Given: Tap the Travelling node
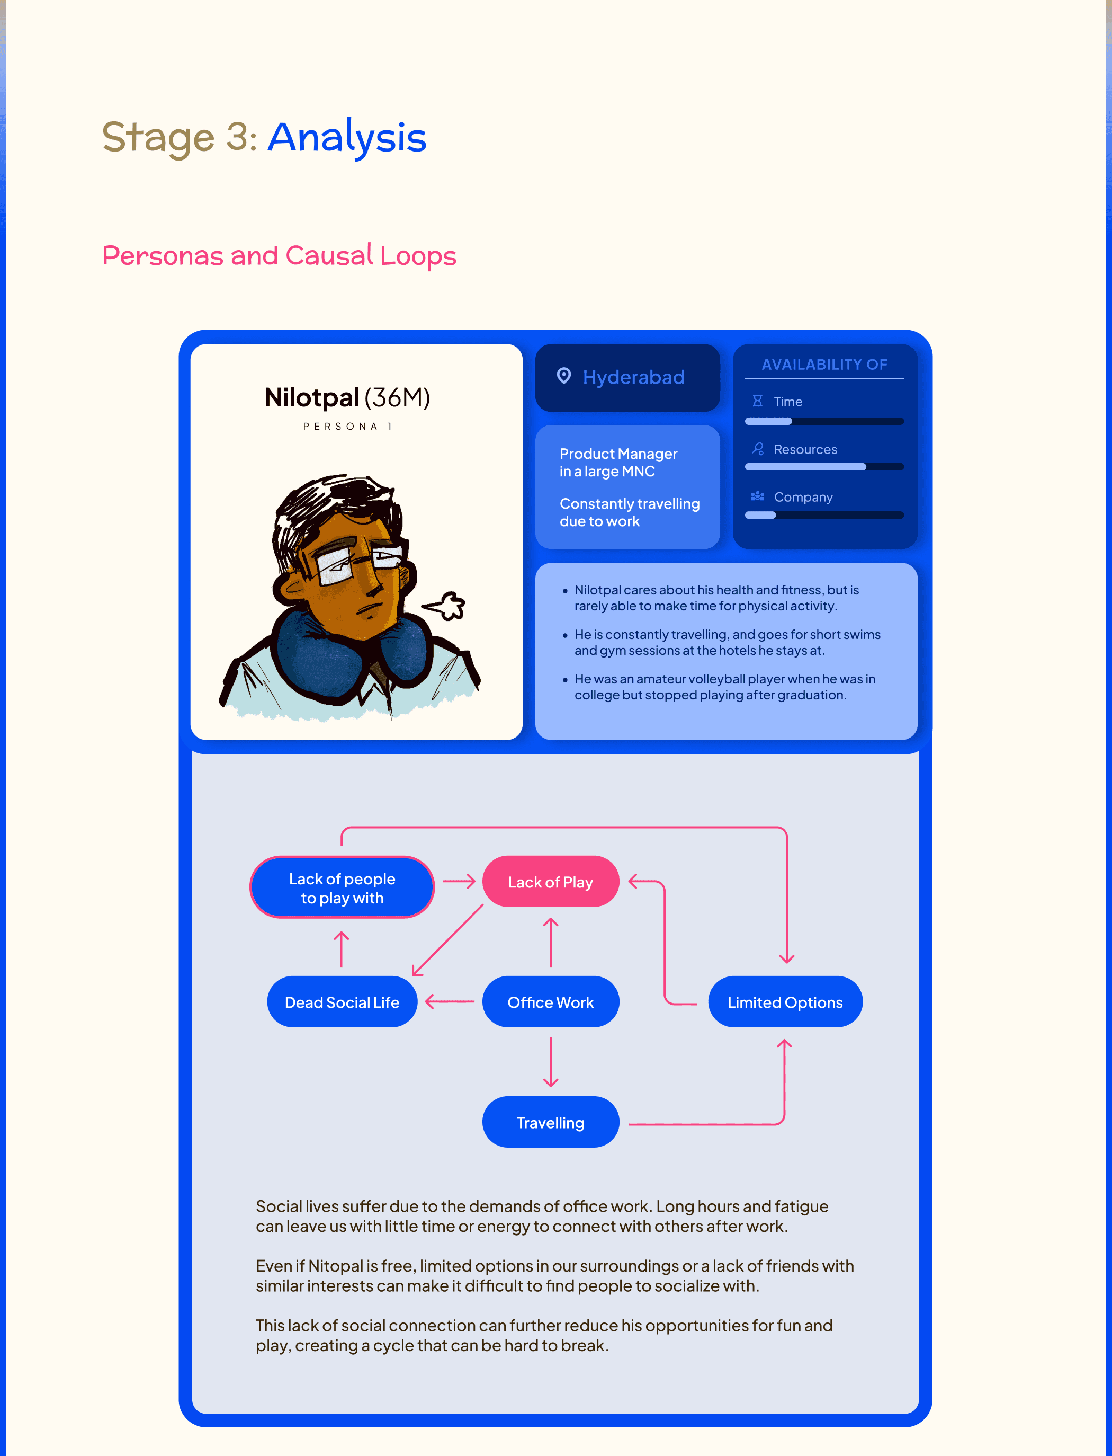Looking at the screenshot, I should (x=550, y=1122).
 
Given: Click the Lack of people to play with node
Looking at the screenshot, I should (x=342, y=887).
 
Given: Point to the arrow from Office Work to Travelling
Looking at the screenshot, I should (x=550, y=1061).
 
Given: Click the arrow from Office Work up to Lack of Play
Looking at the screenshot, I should (x=550, y=942).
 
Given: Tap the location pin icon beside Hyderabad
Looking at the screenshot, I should (x=563, y=376).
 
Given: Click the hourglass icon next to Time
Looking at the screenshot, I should (x=757, y=401).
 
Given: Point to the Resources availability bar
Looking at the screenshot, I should (x=823, y=467).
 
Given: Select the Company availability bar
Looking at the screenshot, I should (x=823, y=514).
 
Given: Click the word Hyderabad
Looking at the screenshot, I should (x=633, y=377).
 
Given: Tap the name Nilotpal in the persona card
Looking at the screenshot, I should (x=311, y=397).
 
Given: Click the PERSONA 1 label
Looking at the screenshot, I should (x=347, y=427).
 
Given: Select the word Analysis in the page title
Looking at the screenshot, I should (x=347, y=137).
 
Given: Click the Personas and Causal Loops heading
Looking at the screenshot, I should (x=279, y=255).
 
